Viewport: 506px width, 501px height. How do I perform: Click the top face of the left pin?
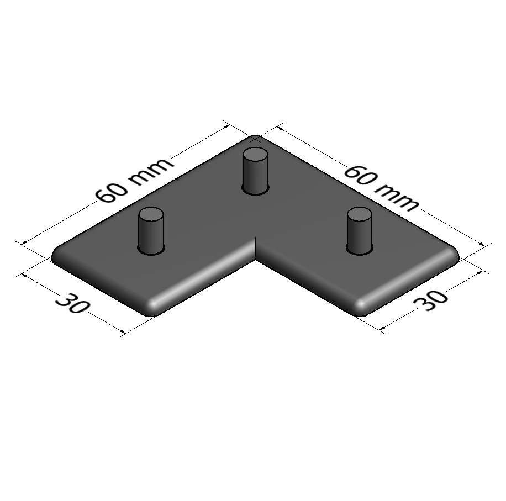(151, 214)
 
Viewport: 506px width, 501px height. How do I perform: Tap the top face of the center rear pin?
(256, 154)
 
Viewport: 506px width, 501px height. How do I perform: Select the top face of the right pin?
(360, 214)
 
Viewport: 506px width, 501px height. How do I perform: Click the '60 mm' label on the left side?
(134, 180)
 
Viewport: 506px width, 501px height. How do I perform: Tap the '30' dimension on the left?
(71, 303)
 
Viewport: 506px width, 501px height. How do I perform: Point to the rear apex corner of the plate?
(255, 138)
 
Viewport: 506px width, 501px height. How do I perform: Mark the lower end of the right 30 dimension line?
(382, 330)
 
